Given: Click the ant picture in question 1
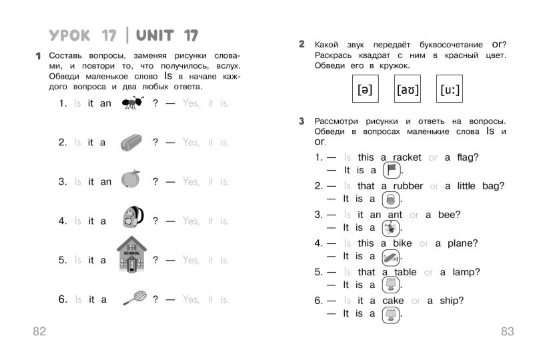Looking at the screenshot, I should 133,103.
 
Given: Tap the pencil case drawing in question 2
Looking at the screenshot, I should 129,142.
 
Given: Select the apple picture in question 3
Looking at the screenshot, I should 131,179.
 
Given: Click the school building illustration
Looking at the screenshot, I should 131,255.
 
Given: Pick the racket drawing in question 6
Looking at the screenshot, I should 135,297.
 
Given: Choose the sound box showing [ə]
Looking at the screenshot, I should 364,89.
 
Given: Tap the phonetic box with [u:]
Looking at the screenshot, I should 450,89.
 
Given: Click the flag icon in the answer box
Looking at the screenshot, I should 392,169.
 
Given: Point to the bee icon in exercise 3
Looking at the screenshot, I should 391,227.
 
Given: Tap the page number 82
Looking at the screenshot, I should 39,331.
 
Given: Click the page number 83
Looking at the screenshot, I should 507,331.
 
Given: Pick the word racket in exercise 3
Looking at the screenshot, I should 407,157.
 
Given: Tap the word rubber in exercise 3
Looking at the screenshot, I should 408,186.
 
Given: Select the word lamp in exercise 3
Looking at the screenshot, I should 466,272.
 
